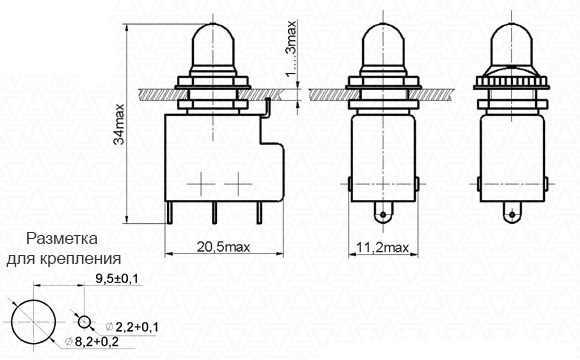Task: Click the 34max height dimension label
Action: [x=119, y=124]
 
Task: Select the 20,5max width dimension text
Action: [x=223, y=247]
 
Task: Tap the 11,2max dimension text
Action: [x=383, y=247]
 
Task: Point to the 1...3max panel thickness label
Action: [x=292, y=48]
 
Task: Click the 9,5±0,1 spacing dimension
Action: [x=117, y=279]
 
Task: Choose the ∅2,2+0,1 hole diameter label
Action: [x=132, y=327]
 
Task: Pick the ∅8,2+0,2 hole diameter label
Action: [x=92, y=342]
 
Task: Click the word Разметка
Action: [x=62, y=239]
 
